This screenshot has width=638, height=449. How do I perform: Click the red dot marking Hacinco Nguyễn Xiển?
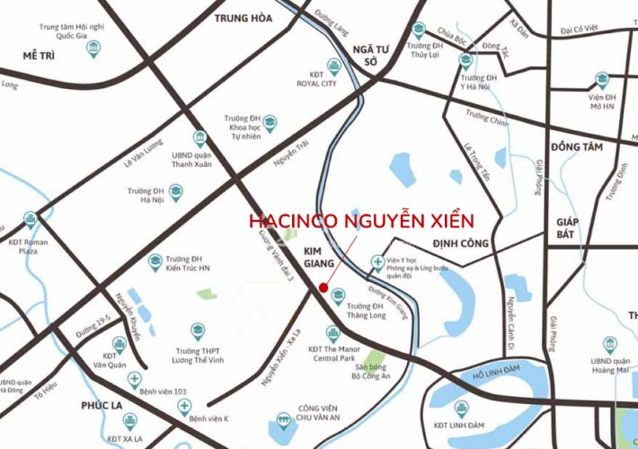(x=323, y=288)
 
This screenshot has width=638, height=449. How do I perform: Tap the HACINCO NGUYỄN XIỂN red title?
(x=360, y=221)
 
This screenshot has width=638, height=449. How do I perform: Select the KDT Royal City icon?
(x=334, y=66)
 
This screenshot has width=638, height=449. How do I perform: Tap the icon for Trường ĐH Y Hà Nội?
(x=465, y=60)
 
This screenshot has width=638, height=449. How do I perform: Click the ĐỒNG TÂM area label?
(x=577, y=146)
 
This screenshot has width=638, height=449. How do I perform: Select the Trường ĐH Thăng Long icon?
(x=338, y=295)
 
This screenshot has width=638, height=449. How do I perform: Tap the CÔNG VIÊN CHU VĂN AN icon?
(x=284, y=418)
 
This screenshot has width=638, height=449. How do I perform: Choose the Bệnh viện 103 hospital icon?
(x=135, y=379)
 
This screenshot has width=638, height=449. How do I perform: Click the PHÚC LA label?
(x=101, y=404)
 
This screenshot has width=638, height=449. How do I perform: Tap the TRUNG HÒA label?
(x=243, y=17)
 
